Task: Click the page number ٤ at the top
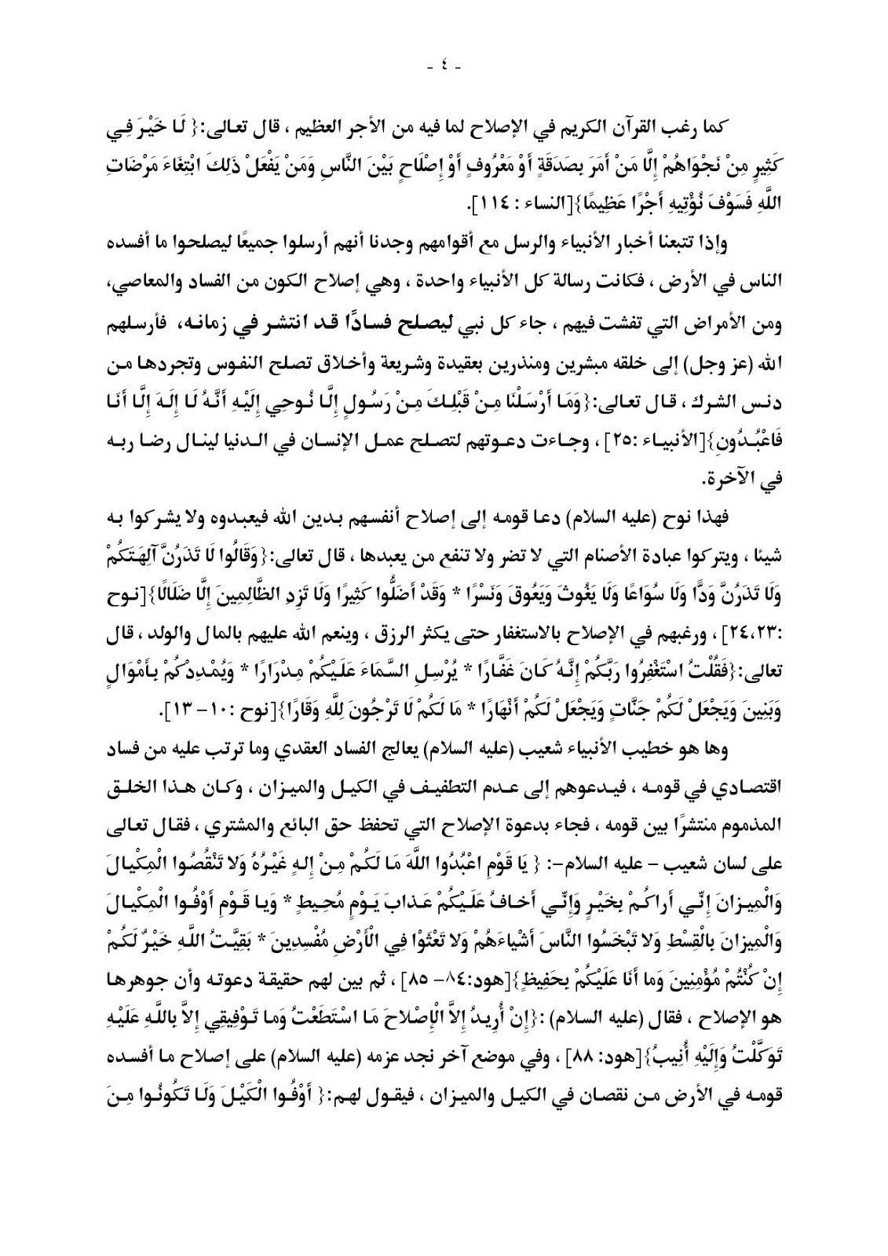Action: tap(444, 68)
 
